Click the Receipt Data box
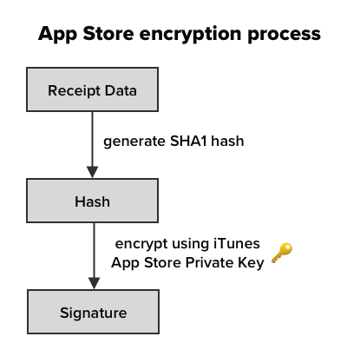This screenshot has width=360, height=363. [x=92, y=89]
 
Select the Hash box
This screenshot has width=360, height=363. [x=92, y=201]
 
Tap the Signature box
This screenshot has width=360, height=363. [x=93, y=312]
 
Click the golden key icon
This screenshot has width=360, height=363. [x=282, y=253]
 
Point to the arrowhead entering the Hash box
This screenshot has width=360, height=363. [x=93, y=172]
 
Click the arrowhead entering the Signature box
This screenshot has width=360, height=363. [x=95, y=283]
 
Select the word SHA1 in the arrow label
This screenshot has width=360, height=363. [x=188, y=141]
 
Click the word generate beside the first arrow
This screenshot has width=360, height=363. [x=134, y=142]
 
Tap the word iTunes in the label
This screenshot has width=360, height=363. [x=237, y=243]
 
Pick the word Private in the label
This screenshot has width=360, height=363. [x=209, y=262]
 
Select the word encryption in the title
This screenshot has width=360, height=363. [x=190, y=35]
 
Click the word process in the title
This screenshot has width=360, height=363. [x=284, y=35]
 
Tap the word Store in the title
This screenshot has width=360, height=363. [x=108, y=34]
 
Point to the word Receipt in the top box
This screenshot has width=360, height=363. [x=74, y=91]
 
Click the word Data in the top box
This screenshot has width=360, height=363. [x=121, y=90]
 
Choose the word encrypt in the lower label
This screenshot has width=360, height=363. [x=141, y=244]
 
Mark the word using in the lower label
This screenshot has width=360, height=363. [x=190, y=244]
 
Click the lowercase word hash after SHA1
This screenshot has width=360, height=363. [x=227, y=141]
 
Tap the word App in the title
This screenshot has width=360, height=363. [x=57, y=35]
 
